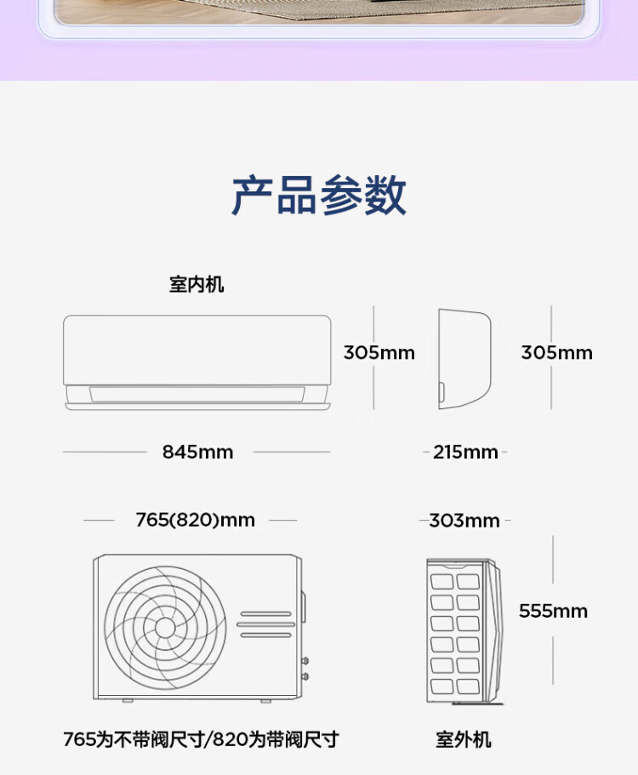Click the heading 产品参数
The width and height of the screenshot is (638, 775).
(x=319, y=196)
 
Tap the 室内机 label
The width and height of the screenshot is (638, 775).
(x=197, y=285)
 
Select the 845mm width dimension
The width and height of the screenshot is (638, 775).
(x=197, y=452)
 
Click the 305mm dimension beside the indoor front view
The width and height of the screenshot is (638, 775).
(x=379, y=352)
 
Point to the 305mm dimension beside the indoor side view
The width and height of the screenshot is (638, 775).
(x=556, y=352)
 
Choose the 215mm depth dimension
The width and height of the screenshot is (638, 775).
(x=465, y=452)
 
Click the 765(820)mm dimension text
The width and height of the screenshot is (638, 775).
(x=195, y=520)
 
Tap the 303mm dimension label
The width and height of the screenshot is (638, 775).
(x=464, y=520)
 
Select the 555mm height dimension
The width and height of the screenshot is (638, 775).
(x=553, y=611)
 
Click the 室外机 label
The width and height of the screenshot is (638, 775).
(x=464, y=739)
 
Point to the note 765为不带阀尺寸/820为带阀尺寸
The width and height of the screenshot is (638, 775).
(x=201, y=739)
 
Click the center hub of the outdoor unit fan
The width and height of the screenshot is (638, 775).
(x=165, y=628)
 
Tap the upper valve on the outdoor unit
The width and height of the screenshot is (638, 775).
(x=305, y=660)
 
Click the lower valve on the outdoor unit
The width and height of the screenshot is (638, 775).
(x=305, y=676)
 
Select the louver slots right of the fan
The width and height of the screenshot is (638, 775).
(x=265, y=624)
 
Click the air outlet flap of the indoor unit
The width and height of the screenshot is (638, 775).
(x=197, y=395)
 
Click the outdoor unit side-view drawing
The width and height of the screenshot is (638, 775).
(x=462, y=630)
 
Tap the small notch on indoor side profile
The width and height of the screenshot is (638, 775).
(x=442, y=393)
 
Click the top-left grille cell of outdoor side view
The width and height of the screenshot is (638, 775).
(x=442, y=582)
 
